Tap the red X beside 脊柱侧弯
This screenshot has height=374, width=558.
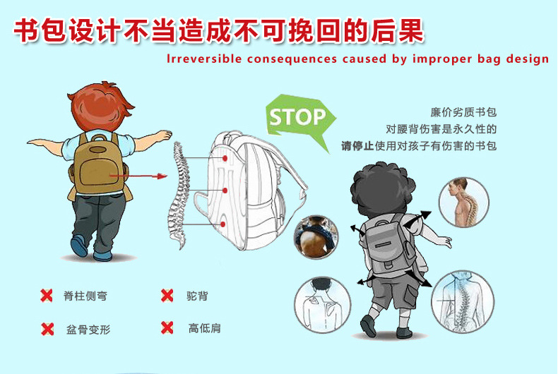(47, 296)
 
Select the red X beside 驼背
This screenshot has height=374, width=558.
(167, 296)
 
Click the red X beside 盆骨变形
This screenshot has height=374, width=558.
(47, 330)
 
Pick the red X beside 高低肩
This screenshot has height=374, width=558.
(167, 328)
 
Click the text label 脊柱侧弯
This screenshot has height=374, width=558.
(85, 296)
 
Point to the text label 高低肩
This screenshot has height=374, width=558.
(205, 328)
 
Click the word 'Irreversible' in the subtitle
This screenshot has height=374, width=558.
(204, 59)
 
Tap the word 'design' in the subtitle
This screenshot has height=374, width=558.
(528, 59)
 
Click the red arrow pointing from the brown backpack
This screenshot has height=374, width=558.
(138, 176)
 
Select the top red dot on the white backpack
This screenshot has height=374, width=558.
(225, 158)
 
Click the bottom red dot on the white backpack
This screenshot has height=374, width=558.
(222, 224)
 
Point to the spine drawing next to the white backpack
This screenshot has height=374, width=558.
(178, 195)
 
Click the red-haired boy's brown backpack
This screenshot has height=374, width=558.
(97, 164)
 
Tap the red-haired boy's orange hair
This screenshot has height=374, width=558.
(102, 106)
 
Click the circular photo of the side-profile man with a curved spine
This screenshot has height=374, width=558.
(463, 202)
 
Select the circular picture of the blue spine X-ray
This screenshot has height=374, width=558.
(463, 302)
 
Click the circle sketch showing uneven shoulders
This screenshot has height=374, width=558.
(322, 305)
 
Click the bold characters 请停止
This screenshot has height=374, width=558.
(357, 146)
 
